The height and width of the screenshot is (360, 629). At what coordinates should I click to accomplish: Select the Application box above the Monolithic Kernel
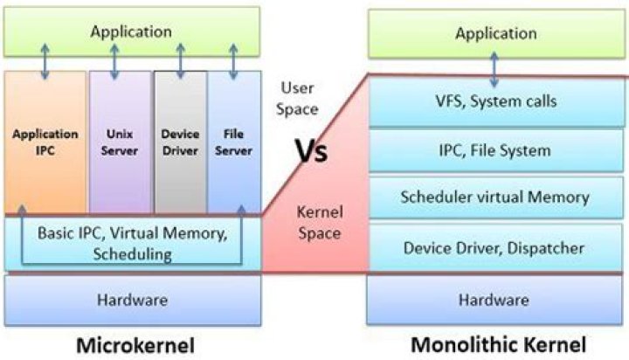(496, 34)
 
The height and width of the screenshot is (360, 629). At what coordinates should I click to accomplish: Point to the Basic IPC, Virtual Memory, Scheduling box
(133, 244)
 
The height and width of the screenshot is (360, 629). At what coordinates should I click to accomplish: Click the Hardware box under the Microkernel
(133, 299)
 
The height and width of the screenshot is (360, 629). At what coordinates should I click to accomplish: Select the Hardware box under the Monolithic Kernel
(495, 299)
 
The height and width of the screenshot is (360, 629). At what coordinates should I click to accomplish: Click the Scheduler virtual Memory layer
(495, 197)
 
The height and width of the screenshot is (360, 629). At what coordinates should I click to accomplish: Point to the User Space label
(298, 98)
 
